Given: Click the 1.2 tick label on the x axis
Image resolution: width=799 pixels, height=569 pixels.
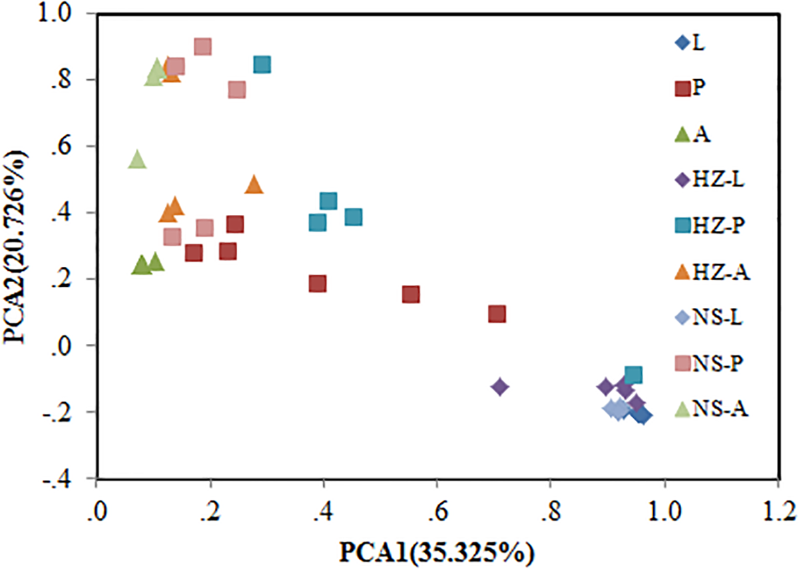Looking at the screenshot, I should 776,513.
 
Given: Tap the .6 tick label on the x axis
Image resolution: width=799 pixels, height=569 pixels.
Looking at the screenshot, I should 437,513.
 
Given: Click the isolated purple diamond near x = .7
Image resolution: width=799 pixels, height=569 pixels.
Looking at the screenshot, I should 500,387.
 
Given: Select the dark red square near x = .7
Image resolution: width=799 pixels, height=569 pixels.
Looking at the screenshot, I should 497,313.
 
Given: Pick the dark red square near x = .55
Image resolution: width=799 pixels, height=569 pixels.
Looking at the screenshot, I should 411,294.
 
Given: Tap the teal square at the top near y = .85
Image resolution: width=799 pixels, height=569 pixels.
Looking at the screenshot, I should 262,65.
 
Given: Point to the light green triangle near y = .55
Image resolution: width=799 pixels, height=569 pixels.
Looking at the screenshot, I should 137,159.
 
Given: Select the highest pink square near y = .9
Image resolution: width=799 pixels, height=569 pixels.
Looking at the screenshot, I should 202,47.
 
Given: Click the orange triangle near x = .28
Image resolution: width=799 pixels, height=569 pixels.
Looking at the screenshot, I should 254,184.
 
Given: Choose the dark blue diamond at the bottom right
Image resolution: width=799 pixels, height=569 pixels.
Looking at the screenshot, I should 643,416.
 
